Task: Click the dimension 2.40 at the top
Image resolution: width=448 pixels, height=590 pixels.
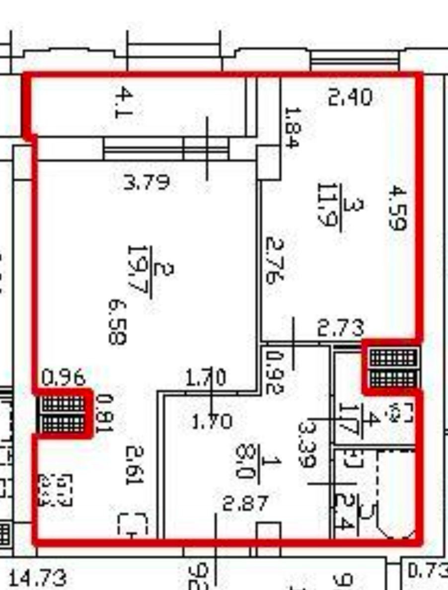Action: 350,97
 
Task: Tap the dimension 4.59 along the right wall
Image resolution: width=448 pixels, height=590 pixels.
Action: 398,208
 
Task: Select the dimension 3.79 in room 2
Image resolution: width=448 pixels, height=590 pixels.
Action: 147,182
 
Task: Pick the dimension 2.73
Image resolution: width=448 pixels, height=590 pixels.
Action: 341,328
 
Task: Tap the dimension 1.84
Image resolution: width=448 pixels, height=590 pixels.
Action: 292,127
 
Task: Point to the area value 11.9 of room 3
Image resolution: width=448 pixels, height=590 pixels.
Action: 328,205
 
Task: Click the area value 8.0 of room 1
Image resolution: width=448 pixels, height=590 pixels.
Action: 245,461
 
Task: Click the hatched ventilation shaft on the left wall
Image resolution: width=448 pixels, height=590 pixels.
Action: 63,414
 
